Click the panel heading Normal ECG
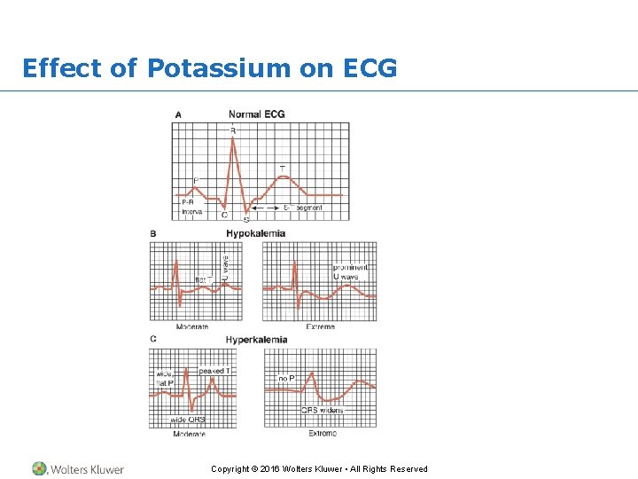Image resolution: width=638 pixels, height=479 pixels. [x=256, y=114]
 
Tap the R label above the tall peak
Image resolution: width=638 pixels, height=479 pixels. [x=233, y=130]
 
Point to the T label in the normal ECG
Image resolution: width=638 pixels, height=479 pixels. [x=283, y=169]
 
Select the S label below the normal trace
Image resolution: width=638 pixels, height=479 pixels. [x=245, y=219]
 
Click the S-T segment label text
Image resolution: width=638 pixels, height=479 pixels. [x=303, y=208]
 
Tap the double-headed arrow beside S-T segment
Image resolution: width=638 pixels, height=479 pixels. [x=266, y=208]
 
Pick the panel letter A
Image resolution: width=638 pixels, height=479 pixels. [x=178, y=114]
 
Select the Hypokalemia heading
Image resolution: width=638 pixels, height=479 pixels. [x=255, y=233]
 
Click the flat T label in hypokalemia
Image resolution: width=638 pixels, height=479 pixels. [x=203, y=279]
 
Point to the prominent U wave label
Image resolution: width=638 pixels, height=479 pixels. [x=350, y=272]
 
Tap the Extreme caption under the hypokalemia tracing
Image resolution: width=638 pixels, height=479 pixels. [x=321, y=326]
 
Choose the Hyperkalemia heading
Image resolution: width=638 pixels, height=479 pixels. [x=256, y=340]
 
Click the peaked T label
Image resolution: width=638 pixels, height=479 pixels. [x=216, y=371]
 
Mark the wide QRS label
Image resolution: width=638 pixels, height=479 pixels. [x=188, y=420]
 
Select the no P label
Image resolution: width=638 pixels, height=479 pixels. [x=286, y=379]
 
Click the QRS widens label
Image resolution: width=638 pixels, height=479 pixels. [x=322, y=411]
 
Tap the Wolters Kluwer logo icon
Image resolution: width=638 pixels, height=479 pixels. [x=39, y=468]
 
